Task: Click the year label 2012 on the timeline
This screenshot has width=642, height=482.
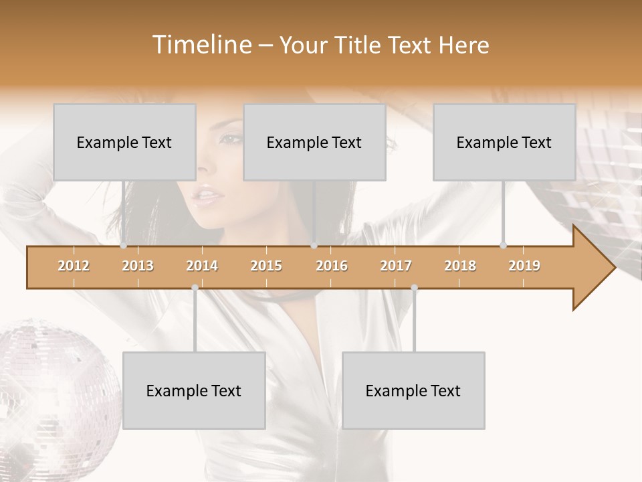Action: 74,266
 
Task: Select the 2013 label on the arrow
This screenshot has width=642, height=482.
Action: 138,266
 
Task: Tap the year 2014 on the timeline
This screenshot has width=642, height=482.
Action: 202,266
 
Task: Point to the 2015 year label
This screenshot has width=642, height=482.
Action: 266,266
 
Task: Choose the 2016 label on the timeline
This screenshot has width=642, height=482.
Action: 332,266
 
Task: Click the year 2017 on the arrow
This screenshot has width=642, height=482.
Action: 396,266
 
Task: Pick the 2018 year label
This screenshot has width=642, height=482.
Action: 460,266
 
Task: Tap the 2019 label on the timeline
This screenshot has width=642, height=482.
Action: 524,266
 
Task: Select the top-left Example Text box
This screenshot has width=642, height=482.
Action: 124,142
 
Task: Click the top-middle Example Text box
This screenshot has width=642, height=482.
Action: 314,142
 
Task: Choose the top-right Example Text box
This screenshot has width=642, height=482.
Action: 504,142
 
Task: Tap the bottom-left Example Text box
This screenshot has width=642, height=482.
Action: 194,390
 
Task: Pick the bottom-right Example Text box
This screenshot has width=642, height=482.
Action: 413,390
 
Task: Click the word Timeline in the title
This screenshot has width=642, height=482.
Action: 200,45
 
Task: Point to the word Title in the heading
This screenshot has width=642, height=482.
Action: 358,45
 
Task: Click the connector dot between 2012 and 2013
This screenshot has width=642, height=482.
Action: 124,246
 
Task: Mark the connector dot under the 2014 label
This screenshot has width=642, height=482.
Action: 195,288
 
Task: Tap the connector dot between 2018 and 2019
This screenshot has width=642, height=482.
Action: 504,246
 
